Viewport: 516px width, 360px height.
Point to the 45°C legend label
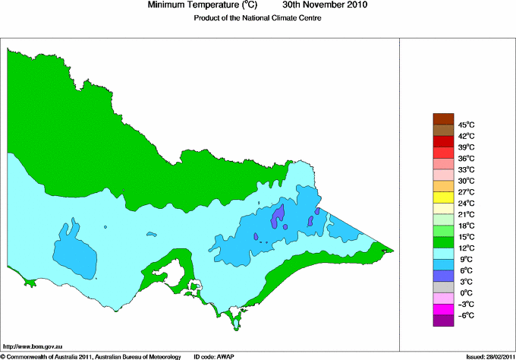point(466,125)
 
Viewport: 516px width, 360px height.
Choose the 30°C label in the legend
point(466,181)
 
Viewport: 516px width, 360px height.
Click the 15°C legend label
point(466,237)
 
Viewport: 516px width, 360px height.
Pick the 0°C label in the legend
point(464,292)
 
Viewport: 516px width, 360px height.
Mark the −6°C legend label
point(465,315)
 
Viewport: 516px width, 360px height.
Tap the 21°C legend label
point(466,214)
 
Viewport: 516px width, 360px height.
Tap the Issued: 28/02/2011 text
point(486,355)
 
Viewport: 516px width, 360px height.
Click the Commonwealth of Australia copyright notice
point(91,355)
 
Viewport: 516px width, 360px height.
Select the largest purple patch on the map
point(278,217)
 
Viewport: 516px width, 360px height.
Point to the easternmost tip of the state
point(393,250)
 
